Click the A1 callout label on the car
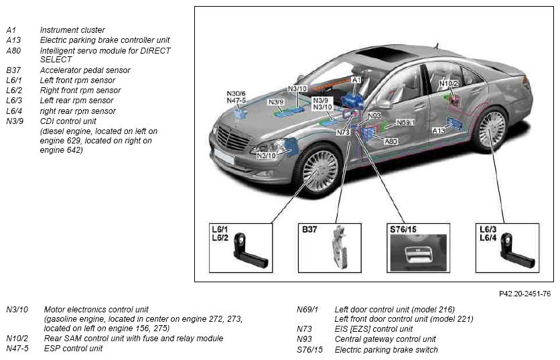click(356, 80)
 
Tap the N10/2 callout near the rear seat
click(448, 84)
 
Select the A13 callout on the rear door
click(439, 131)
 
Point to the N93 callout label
click(374, 116)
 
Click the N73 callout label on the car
click(343, 132)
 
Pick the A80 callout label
click(391, 141)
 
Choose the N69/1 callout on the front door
click(406, 123)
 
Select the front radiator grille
click(232, 138)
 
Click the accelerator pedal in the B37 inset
click(340, 247)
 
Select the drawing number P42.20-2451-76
click(524, 294)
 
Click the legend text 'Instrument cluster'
click(72, 30)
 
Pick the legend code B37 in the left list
click(13, 70)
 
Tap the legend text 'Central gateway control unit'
click(385, 339)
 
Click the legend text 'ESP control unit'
click(73, 348)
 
